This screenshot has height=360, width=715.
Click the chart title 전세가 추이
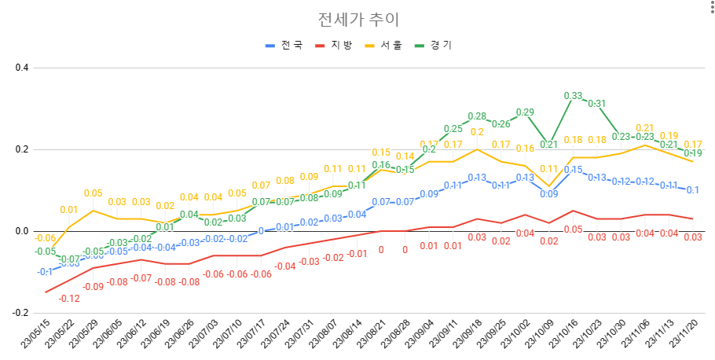pos(357,19)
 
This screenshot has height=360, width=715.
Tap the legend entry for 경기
pos(441,46)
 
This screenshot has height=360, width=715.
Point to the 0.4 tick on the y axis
pos(22,68)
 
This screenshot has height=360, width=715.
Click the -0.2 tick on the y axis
pos(20,313)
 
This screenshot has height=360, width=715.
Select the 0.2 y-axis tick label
pos(22,150)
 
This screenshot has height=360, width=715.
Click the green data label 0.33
pos(574,96)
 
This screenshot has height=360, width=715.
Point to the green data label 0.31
pos(597,104)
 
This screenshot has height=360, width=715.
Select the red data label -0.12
pos(69,298)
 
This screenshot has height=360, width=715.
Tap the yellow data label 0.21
pos(644,128)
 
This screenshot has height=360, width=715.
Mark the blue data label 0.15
pos(574,170)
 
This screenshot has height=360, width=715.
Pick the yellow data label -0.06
pos(45,238)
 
